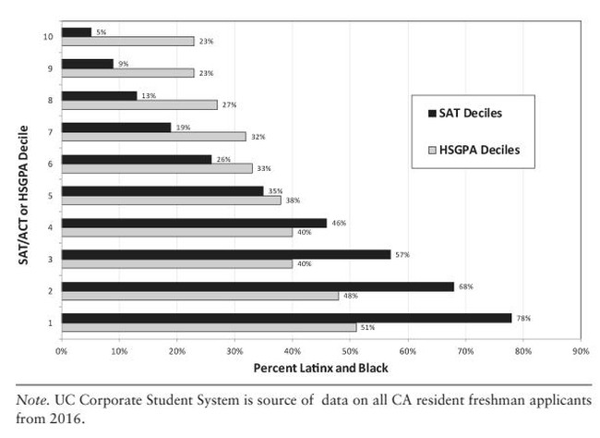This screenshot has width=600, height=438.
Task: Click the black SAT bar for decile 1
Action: [x=286, y=318]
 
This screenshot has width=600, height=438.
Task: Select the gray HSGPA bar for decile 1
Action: [x=209, y=327]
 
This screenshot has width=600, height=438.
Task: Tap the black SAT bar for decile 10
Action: [x=77, y=32]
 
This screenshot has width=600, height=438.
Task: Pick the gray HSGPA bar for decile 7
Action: [x=153, y=136]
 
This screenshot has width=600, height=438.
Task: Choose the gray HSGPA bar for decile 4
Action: [x=176, y=232]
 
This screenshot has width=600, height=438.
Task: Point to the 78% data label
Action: [x=523, y=318]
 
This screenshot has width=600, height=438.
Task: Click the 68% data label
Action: [x=465, y=286]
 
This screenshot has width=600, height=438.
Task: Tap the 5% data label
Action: [x=101, y=32]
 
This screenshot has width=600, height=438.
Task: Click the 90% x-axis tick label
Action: [x=581, y=352]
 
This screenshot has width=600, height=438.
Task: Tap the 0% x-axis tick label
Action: [x=61, y=352]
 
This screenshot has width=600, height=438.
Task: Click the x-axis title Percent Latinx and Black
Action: [x=320, y=369]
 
